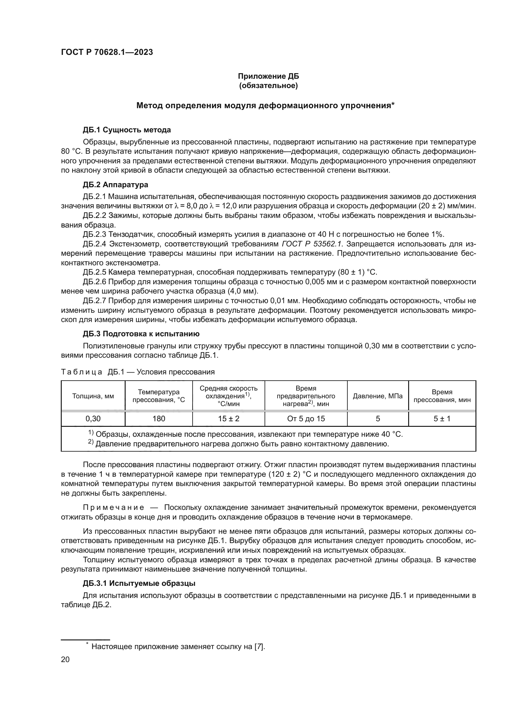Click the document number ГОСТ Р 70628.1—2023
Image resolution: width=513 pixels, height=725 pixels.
107,52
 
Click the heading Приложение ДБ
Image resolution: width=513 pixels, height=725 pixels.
268,76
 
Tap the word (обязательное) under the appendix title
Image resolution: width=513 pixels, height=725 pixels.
268,86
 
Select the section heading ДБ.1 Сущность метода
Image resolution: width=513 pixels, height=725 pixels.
127,130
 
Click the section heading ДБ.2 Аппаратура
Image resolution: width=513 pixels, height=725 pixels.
115,184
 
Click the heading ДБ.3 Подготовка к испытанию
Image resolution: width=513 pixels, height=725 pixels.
141,334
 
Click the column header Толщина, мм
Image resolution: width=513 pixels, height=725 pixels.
93,396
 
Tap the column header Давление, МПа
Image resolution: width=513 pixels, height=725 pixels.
377,396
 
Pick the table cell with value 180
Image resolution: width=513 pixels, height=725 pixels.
158,419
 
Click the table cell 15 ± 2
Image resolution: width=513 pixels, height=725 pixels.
228,419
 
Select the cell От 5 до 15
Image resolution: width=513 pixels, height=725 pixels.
306,419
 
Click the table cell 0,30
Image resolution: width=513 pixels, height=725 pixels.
93,419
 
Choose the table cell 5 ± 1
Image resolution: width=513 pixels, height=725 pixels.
442,419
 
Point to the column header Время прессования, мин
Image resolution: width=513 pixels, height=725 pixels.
442,396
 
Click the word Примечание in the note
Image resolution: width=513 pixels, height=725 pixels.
113,507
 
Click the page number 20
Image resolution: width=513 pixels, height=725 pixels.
65,659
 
